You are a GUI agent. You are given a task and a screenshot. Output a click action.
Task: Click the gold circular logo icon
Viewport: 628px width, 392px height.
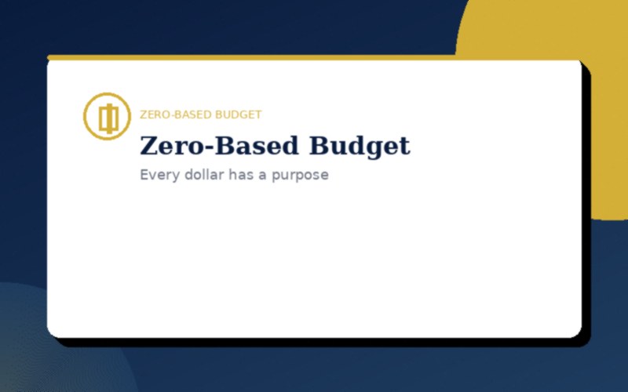(107, 116)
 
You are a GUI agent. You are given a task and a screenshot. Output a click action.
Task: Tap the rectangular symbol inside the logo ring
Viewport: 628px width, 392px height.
(108, 118)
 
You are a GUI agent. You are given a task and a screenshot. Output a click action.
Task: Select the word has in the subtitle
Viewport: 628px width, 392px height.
(240, 175)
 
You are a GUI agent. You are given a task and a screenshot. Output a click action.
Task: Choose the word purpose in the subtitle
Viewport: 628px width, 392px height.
(300, 176)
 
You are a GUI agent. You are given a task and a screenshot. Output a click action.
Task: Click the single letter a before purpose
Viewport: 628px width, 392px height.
(263, 176)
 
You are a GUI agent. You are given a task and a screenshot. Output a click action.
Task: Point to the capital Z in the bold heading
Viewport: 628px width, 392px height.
(148, 147)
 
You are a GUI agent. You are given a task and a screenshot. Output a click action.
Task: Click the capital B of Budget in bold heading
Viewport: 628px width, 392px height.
(319, 147)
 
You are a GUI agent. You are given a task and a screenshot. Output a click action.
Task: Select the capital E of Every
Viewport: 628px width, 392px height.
(144, 175)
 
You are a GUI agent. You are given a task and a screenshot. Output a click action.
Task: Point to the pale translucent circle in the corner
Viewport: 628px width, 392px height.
(20, 345)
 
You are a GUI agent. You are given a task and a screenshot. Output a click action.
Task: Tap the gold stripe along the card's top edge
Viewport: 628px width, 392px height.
(235, 57)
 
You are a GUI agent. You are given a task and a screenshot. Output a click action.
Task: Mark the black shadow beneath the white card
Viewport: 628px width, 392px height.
(314, 342)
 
